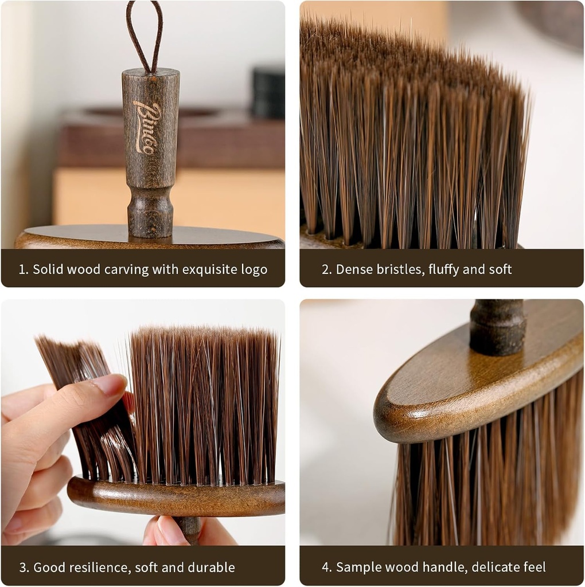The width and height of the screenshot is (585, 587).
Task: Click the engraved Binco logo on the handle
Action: [147, 127]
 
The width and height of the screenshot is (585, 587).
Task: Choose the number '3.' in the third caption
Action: [24, 568]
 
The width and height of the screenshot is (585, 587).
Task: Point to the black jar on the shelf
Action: [268, 92]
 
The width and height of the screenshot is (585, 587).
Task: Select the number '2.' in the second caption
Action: [326, 269]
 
